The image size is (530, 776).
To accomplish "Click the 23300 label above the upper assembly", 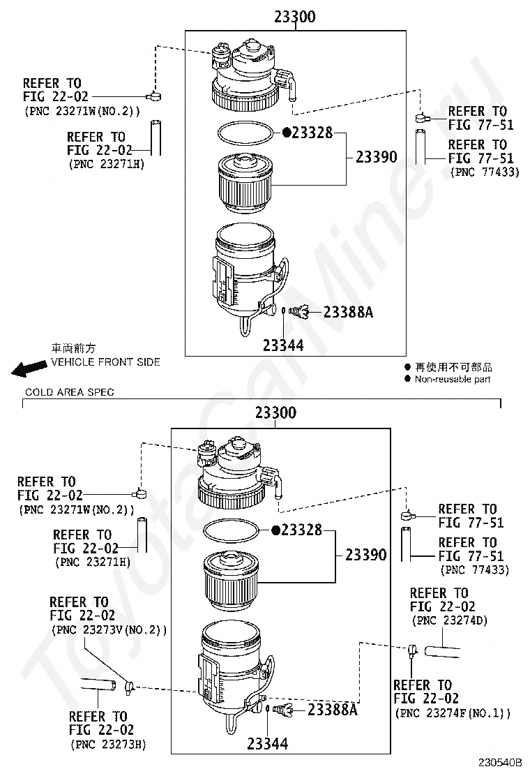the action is [295, 17].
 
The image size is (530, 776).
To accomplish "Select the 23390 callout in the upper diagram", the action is [377, 157].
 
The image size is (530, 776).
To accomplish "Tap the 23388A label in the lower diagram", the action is [332, 709].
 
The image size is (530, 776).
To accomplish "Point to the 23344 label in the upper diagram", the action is [283, 345].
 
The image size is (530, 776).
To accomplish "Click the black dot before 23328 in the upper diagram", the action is [286, 132].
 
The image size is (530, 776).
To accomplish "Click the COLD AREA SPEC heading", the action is [70, 392].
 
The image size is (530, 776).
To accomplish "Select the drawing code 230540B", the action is [499, 762].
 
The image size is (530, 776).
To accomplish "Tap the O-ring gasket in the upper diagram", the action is [245, 132].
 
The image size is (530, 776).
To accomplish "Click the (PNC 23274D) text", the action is [449, 620].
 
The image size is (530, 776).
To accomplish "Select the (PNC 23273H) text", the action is [108, 744].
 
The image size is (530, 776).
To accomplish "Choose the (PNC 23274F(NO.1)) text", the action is [453, 712].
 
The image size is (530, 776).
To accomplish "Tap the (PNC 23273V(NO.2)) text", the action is [109, 629].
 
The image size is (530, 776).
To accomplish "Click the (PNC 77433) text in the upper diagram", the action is [485, 172].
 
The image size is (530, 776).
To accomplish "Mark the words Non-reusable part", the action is [453, 380].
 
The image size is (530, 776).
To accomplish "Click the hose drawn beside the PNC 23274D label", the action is [443, 652].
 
